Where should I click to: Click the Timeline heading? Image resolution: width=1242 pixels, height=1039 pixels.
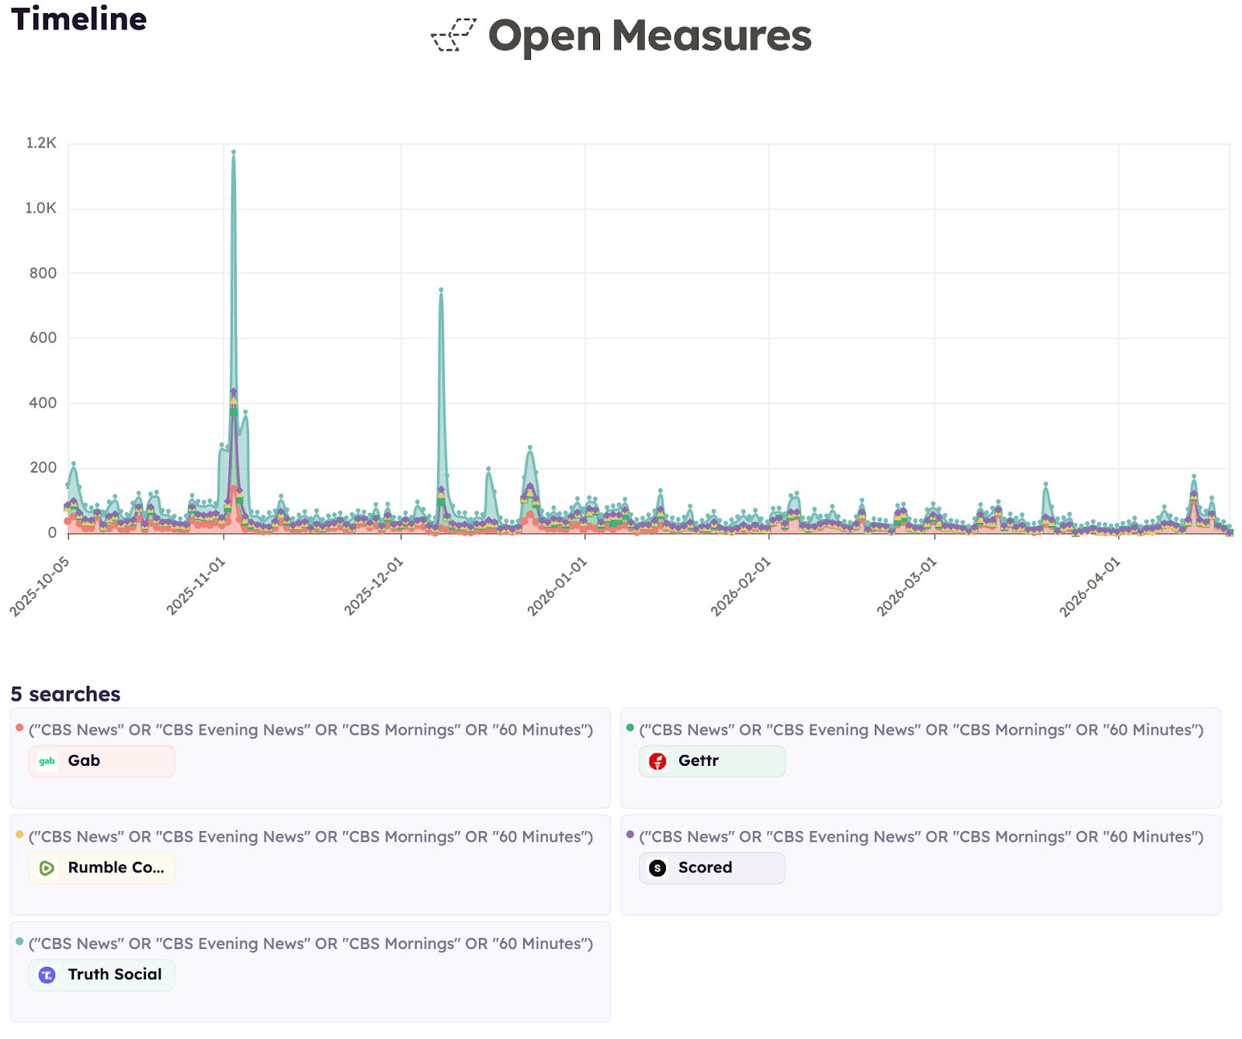click(x=78, y=19)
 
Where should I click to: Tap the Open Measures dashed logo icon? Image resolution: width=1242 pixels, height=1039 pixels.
click(x=453, y=35)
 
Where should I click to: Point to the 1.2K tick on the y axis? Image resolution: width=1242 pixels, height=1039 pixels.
click(x=41, y=143)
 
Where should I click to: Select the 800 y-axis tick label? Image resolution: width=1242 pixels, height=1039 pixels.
click(x=43, y=273)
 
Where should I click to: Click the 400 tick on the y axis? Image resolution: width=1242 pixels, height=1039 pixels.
click(x=43, y=403)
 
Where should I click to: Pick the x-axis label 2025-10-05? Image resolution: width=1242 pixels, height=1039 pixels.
click(x=40, y=587)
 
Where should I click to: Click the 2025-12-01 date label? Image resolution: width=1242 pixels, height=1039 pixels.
click(x=374, y=587)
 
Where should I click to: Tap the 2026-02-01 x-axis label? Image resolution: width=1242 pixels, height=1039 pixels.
click(x=741, y=587)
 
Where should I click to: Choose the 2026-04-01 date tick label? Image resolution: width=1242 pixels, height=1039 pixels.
click(x=1090, y=587)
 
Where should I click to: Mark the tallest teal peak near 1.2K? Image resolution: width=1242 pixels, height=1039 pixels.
click(x=234, y=152)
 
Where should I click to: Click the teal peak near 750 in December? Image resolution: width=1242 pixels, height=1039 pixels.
click(x=441, y=290)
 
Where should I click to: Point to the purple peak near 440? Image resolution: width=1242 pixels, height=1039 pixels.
click(x=234, y=391)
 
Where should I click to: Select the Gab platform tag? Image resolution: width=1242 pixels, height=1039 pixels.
click(x=102, y=761)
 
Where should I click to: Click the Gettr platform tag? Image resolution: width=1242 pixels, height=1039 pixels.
click(x=712, y=761)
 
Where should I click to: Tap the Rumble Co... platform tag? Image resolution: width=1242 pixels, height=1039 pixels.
click(x=102, y=868)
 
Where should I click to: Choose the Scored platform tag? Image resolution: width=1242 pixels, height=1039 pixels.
click(x=712, y=868)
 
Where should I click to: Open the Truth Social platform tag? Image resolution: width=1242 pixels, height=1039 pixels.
click(x=102, y=975)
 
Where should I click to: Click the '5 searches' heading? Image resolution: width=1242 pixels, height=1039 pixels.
click(x=66, y=694)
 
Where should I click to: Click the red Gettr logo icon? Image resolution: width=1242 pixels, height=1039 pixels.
click(x=657, y=761)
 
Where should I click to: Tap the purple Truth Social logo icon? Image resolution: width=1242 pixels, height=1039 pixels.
click(x=47, y=975)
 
